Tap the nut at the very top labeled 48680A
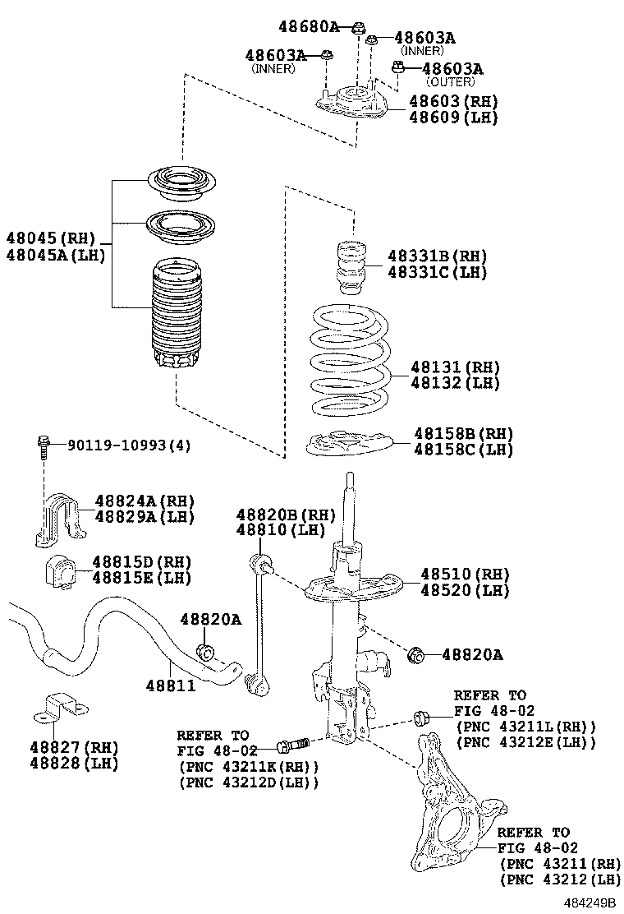pyautogui.click(x=358, y=28)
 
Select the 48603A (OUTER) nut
pyautogui.click(x=398, y=67)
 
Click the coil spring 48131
pyautogui.click(x=349, y=360)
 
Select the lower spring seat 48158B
pyautogui.click(x=348, y=443)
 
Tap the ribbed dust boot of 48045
pyautogui.click(x=173, y=316)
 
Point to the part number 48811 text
pyautogui.click(x=171, y=684)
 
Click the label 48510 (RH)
pyautogui.click(x=465, y=574)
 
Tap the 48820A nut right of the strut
pyautogui.click(x=416, y=654)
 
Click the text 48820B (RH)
pyautogui.click(x=274, y=515)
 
